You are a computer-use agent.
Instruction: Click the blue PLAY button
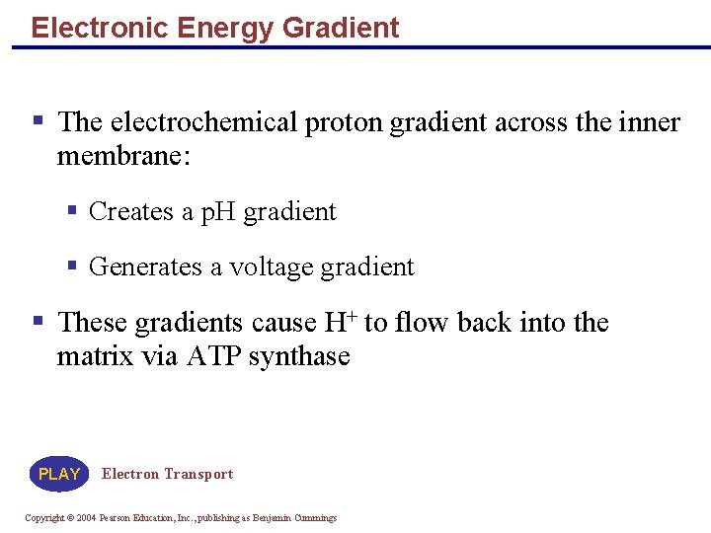coord(59,474)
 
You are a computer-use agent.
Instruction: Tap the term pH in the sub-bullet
coord(218,212)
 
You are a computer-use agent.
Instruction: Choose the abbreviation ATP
coord(212,355)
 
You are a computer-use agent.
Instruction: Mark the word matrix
coord(96,355)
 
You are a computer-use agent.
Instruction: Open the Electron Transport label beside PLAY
coord(167,474)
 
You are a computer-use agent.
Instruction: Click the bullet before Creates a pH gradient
coord(72,210)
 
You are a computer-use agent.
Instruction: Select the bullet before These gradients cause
coord(39,320)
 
